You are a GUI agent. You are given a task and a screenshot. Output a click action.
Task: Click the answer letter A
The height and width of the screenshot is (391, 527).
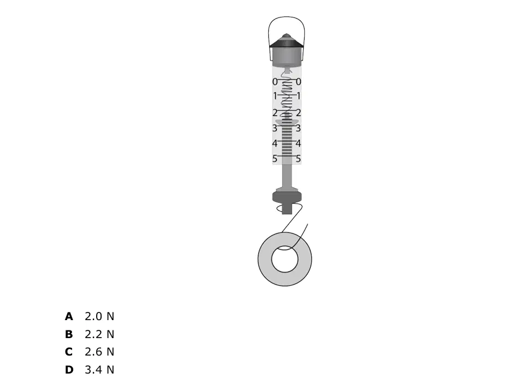pos(69,316)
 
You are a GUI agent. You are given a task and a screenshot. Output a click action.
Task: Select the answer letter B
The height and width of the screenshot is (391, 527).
pos(69,334)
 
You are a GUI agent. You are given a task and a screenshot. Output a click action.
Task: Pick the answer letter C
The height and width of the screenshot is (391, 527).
pos(69,352)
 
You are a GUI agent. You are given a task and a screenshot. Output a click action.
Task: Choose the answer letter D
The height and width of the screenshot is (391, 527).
pos(69,370)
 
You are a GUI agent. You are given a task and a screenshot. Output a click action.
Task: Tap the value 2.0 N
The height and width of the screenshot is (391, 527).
pos(99,316)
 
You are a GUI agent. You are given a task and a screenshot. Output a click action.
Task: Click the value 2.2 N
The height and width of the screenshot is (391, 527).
pos(99,334)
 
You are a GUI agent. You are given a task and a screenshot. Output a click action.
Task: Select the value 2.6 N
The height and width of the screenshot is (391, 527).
pos(99,352)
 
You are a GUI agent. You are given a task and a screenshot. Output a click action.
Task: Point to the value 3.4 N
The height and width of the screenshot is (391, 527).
pos(99,370)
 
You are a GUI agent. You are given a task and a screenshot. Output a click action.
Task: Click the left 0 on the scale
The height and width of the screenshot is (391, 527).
pos(275,82)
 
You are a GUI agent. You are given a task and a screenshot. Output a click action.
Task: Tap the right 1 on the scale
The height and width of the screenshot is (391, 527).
pos(298,96)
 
